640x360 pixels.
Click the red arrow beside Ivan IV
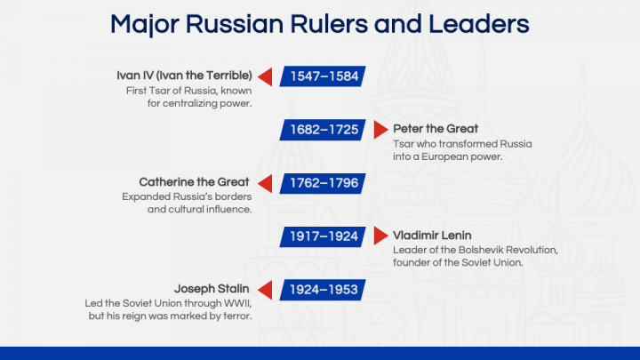point(265,76)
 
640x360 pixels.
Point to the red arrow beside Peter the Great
point(380,130)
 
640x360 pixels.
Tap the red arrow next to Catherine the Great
point(265,183)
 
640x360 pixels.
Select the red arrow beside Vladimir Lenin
point(380,236)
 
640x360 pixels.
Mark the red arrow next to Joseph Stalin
point(265,289)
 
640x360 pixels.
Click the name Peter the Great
point(436,129)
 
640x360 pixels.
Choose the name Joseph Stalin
point(212,289)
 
